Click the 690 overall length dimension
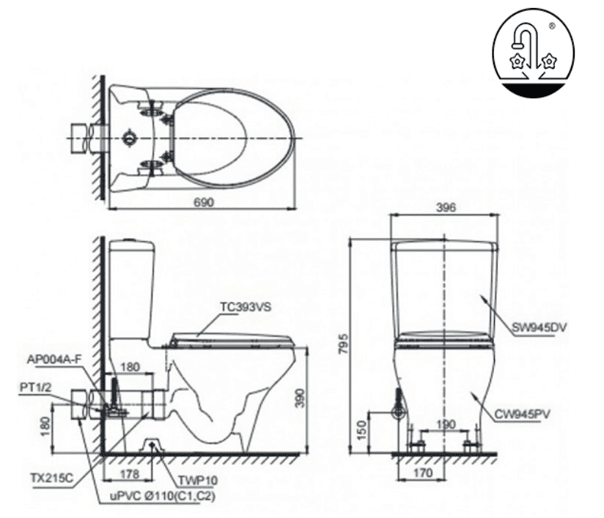point(205,203)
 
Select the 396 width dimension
point(446,207)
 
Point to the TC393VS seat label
point(246,308)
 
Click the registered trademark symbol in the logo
point(571,26)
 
